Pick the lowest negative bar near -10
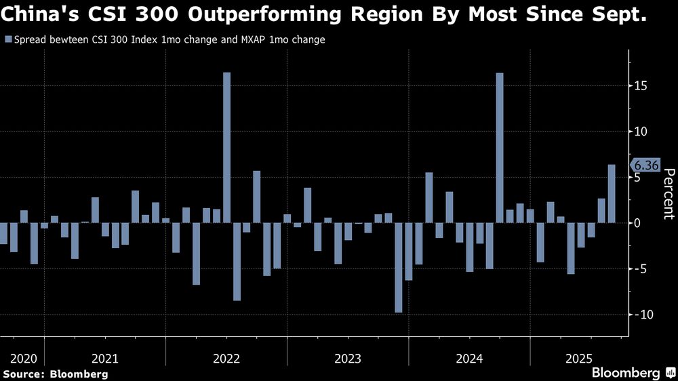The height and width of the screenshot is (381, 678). [399, 267]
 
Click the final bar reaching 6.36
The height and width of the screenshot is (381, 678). [611, 193]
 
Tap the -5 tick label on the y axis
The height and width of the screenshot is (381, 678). [639, 268]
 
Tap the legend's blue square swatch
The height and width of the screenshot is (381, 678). [7, 40]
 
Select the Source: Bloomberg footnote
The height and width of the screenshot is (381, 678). [55, 374]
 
